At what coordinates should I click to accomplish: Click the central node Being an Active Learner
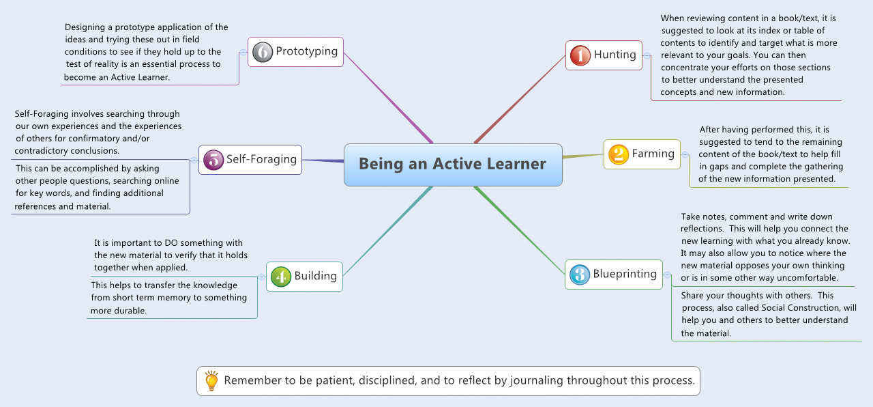point(453,165)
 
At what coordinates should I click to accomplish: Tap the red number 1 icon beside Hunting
point(580,55)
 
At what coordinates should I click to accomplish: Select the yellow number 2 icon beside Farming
point(618,154)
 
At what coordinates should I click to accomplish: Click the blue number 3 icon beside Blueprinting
point(579,275)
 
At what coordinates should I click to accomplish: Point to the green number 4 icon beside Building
point(281,277)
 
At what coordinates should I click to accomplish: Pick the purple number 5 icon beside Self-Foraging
point(213,160)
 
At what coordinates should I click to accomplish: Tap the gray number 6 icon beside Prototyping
point(263,52)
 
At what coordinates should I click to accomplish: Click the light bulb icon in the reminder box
point(211,381)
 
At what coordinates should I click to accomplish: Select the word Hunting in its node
point(615,55)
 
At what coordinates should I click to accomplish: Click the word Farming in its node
point(653,154)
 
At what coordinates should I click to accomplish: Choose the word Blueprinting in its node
point(625,274)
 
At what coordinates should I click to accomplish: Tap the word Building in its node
point(315,276)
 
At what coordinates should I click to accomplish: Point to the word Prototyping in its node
point(306,51)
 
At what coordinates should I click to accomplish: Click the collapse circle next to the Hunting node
point(647,55)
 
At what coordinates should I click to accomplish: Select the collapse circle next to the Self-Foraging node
point(194,160)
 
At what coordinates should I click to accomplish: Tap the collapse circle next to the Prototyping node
point(243,52)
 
